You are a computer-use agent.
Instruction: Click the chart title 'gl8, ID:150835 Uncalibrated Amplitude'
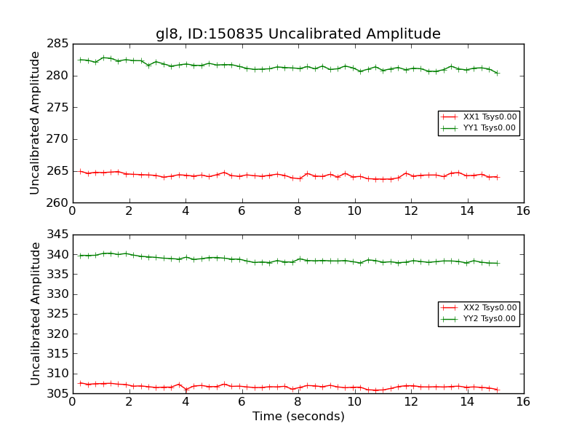click(x=298, y=34)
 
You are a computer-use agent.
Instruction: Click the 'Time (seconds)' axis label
click(x=298, y=417)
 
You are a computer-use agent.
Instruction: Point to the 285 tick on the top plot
click(x=57, y=44)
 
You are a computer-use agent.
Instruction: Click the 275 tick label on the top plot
click(x=57, y=108)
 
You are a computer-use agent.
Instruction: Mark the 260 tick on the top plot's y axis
click(x=57, y=202)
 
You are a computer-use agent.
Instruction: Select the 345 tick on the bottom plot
click(x=57, y=235)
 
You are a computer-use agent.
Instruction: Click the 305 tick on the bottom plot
click(x=57, y=393)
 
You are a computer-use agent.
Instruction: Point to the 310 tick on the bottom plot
click(x=57, y=374)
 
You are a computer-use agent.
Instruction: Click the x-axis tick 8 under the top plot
click(x=298, y=211)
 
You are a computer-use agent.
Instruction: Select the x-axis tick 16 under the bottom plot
click(x=523, y=402)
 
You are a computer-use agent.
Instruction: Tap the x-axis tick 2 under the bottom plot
click(x=129, y=402)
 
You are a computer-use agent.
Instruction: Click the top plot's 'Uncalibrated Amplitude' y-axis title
click(x=35, y=122)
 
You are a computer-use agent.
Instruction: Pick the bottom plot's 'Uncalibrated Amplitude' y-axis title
click(x=35, y=313)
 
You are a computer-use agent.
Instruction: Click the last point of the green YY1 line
click(x=498, y=73)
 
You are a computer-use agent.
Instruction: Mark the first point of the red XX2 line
click(x=80, y=383)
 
